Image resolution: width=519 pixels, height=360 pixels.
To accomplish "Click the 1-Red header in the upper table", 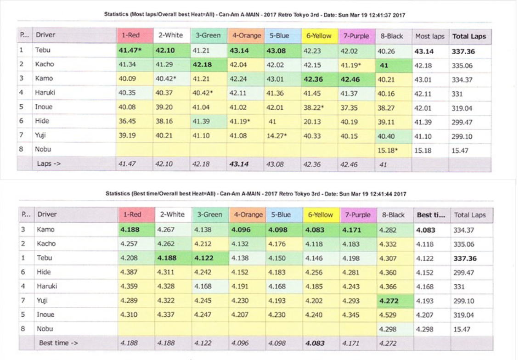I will pos(135,35).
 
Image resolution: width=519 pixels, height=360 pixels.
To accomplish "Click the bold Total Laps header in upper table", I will pos(469,36).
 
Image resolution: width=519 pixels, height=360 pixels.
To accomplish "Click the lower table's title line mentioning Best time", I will pos(259,195).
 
